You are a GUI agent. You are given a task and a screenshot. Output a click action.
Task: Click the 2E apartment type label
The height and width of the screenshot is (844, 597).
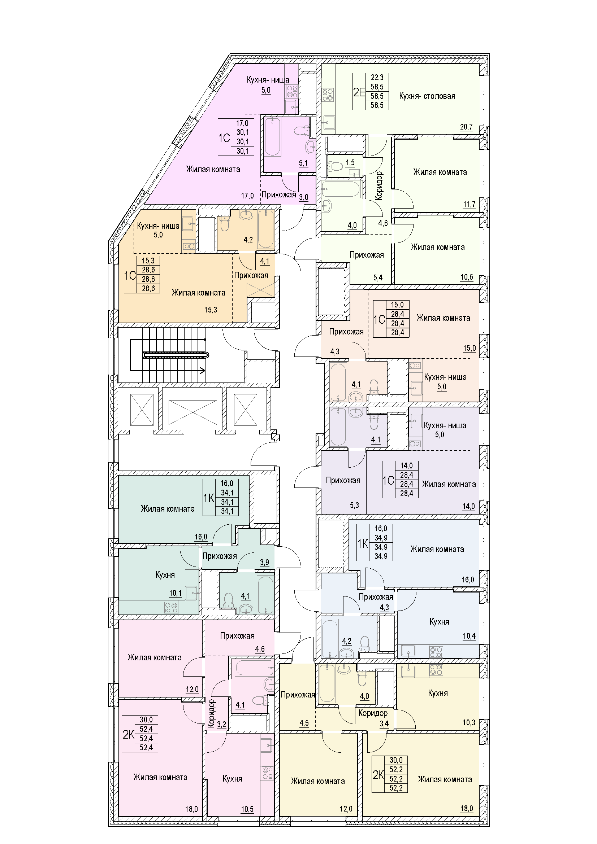(x=359, y=92)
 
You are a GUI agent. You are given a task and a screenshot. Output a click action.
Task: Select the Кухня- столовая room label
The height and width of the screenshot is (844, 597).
(x=427, y=96)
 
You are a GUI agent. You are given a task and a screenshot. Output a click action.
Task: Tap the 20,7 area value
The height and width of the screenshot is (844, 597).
(x=466, y=127)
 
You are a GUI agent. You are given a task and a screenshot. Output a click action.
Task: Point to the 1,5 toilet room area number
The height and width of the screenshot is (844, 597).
(x=350, y=162)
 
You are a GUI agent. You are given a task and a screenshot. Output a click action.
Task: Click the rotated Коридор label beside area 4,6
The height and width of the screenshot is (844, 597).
(x=379, y=186)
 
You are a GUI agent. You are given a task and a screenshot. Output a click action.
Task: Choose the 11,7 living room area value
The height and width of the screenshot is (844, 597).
(x=469, y=204)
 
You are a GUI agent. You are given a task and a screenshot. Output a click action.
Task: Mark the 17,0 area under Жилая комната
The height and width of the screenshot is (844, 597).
(x=247, y=196)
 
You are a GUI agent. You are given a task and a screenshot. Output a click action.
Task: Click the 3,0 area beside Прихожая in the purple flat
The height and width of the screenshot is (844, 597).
(x=303, y=197)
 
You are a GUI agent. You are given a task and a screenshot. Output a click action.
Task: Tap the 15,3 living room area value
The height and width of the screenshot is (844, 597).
(x=211, y=310)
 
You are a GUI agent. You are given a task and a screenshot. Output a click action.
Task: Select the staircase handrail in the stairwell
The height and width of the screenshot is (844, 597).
(x=176, y=355)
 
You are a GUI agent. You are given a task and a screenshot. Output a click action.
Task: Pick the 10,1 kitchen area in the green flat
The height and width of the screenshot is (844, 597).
(x=176, y=593)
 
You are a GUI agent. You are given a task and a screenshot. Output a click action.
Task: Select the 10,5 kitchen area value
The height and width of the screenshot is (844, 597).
(x=247, y=809)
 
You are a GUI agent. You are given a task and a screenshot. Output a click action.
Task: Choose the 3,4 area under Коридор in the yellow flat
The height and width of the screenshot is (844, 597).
(x=384, y=724)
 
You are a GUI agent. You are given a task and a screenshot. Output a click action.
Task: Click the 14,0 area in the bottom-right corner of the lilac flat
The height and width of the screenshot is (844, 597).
(x=468, y=507)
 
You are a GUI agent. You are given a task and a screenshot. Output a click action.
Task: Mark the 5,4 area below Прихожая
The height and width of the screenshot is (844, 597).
(x=378, y=278)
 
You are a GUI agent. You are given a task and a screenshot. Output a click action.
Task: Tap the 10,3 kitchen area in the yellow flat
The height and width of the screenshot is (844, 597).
(x=469, y=723)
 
